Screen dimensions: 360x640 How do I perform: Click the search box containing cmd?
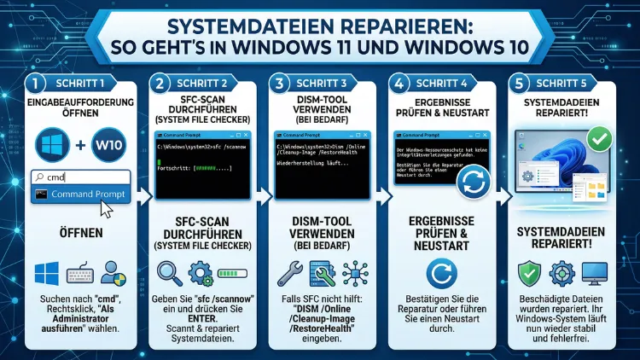80,177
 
